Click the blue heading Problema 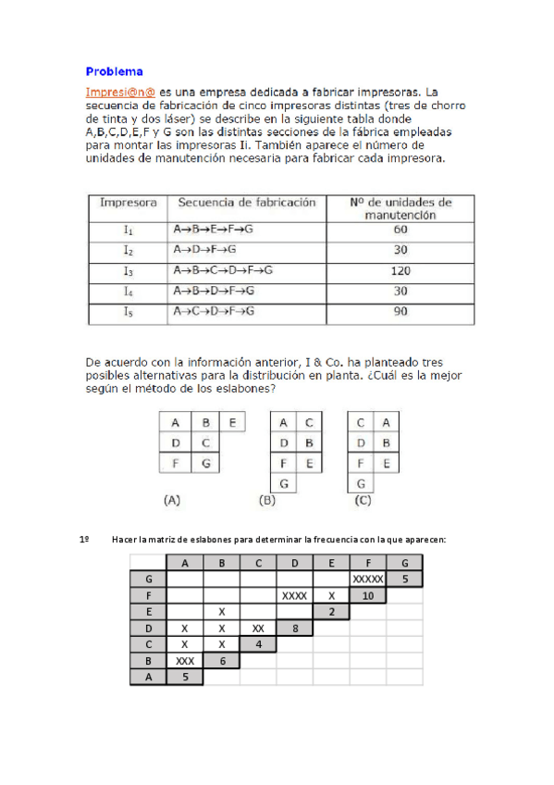(x=114, y=70)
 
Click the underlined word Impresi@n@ (x=120, y=93)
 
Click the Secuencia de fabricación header (x=246, y=202)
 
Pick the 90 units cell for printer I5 (x=400, y=312)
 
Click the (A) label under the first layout (x=171, y=500)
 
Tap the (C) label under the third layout (x=363, y=500)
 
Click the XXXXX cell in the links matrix (x=367, y=579)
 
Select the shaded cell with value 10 (x=367, y=595)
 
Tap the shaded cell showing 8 (x=294, y=629)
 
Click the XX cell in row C (x=258, y=629)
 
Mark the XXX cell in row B (x=185, y=662)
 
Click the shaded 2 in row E (x=331, y=612)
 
